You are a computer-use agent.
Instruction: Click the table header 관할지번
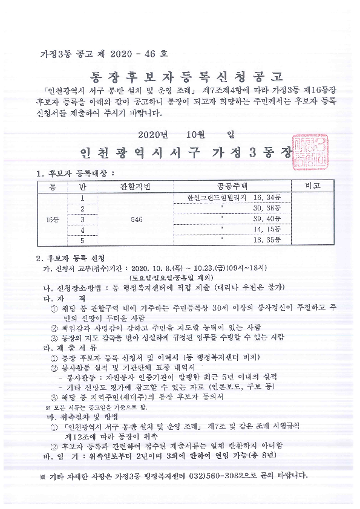(x=137, y=185)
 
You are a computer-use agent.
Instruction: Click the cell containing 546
(x=137, y=219)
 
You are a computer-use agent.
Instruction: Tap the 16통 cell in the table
(x=53, y=219)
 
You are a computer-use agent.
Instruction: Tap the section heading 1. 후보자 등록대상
(x=76, y=173)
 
